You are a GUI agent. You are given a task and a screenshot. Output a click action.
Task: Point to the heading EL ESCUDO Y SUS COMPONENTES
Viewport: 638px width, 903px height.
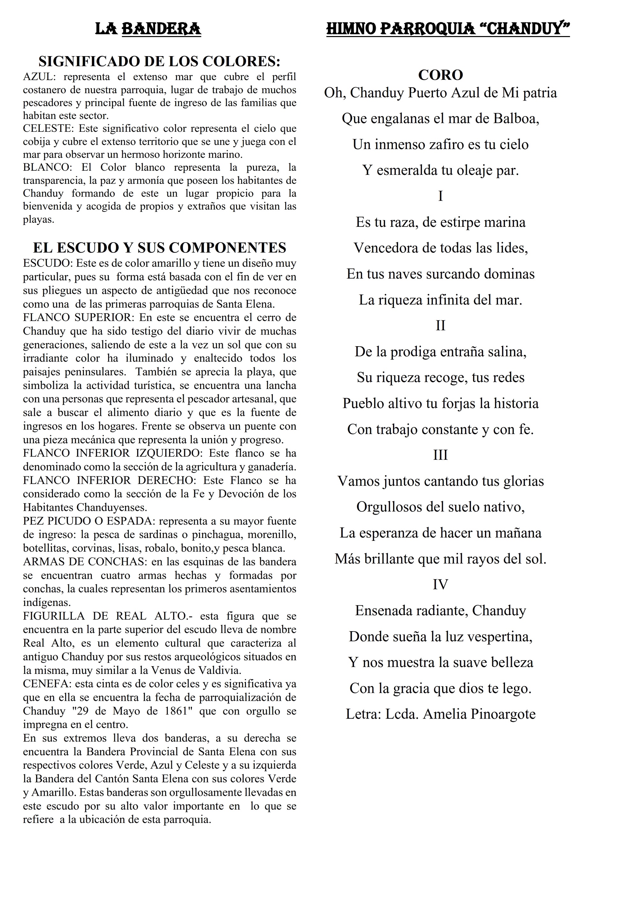(159, 248)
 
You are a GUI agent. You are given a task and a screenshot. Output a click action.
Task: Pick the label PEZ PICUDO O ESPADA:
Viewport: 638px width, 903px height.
(88, 521)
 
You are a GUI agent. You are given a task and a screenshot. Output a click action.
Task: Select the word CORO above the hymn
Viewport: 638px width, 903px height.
(440, 75)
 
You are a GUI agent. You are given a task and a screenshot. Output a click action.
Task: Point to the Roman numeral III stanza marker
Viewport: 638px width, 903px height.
(440, 455)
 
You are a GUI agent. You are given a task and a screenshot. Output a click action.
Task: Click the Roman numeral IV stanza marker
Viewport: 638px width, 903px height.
(440, 585)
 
